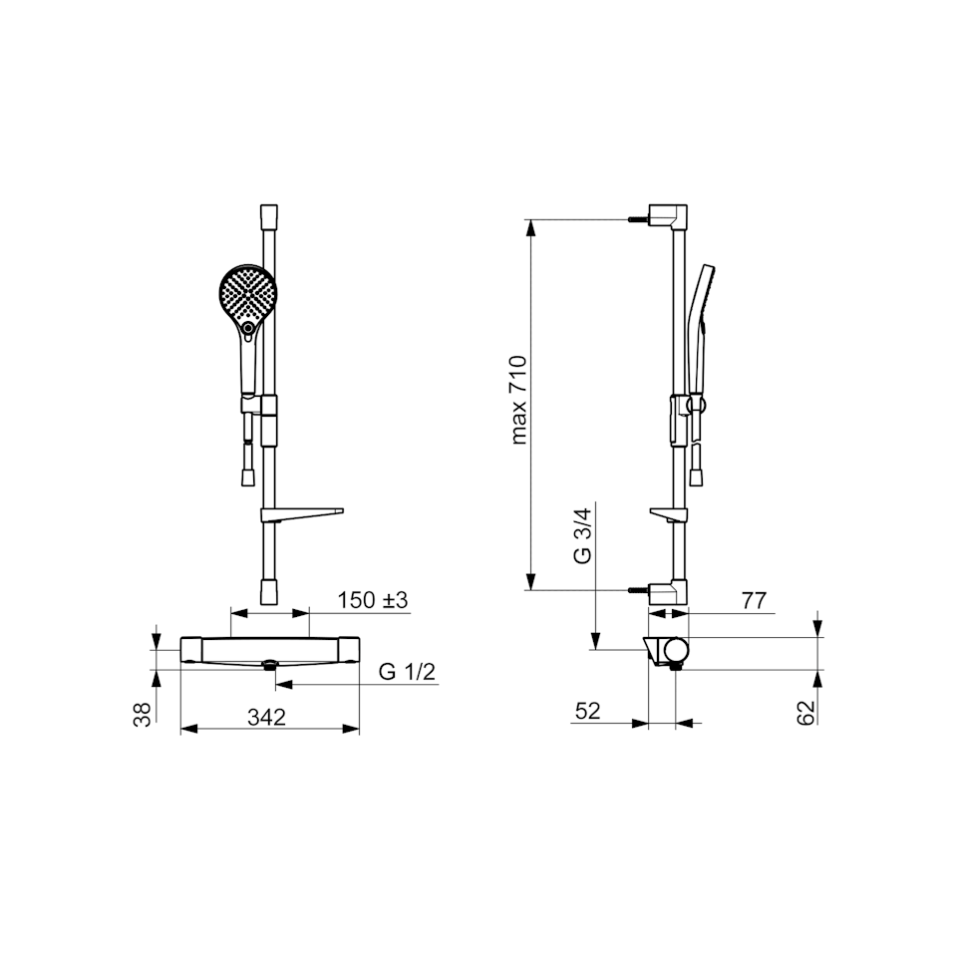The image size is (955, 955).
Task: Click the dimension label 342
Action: [266, 717]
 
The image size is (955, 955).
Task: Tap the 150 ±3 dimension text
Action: [373, 600]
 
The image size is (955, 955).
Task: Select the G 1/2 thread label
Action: [407, 671]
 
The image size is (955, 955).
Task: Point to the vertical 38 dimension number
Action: [142, 715]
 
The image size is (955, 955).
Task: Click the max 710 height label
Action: [518, 400]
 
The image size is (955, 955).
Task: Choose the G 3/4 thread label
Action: [583, 536]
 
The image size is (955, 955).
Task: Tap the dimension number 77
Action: [754, 601]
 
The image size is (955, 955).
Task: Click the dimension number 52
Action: [588, 711]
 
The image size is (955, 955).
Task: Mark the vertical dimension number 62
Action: [805, 712]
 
